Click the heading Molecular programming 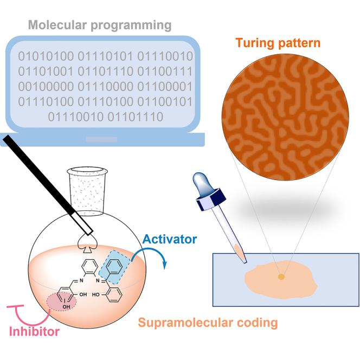click(x=100, y=25)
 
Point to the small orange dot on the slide click(x=281, y=277)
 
